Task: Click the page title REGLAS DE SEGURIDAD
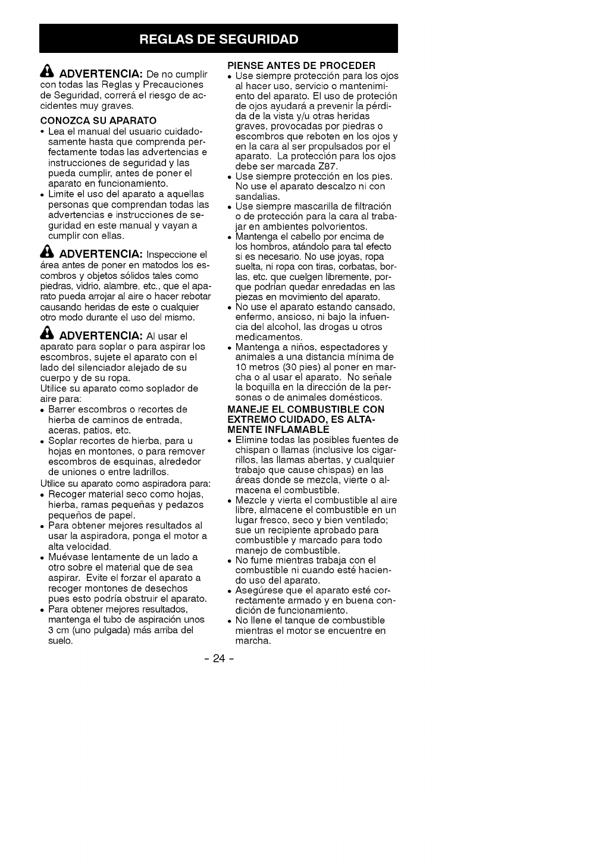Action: [218, 39]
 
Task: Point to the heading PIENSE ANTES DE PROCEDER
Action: [302, 65]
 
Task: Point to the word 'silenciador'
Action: [95, 367]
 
